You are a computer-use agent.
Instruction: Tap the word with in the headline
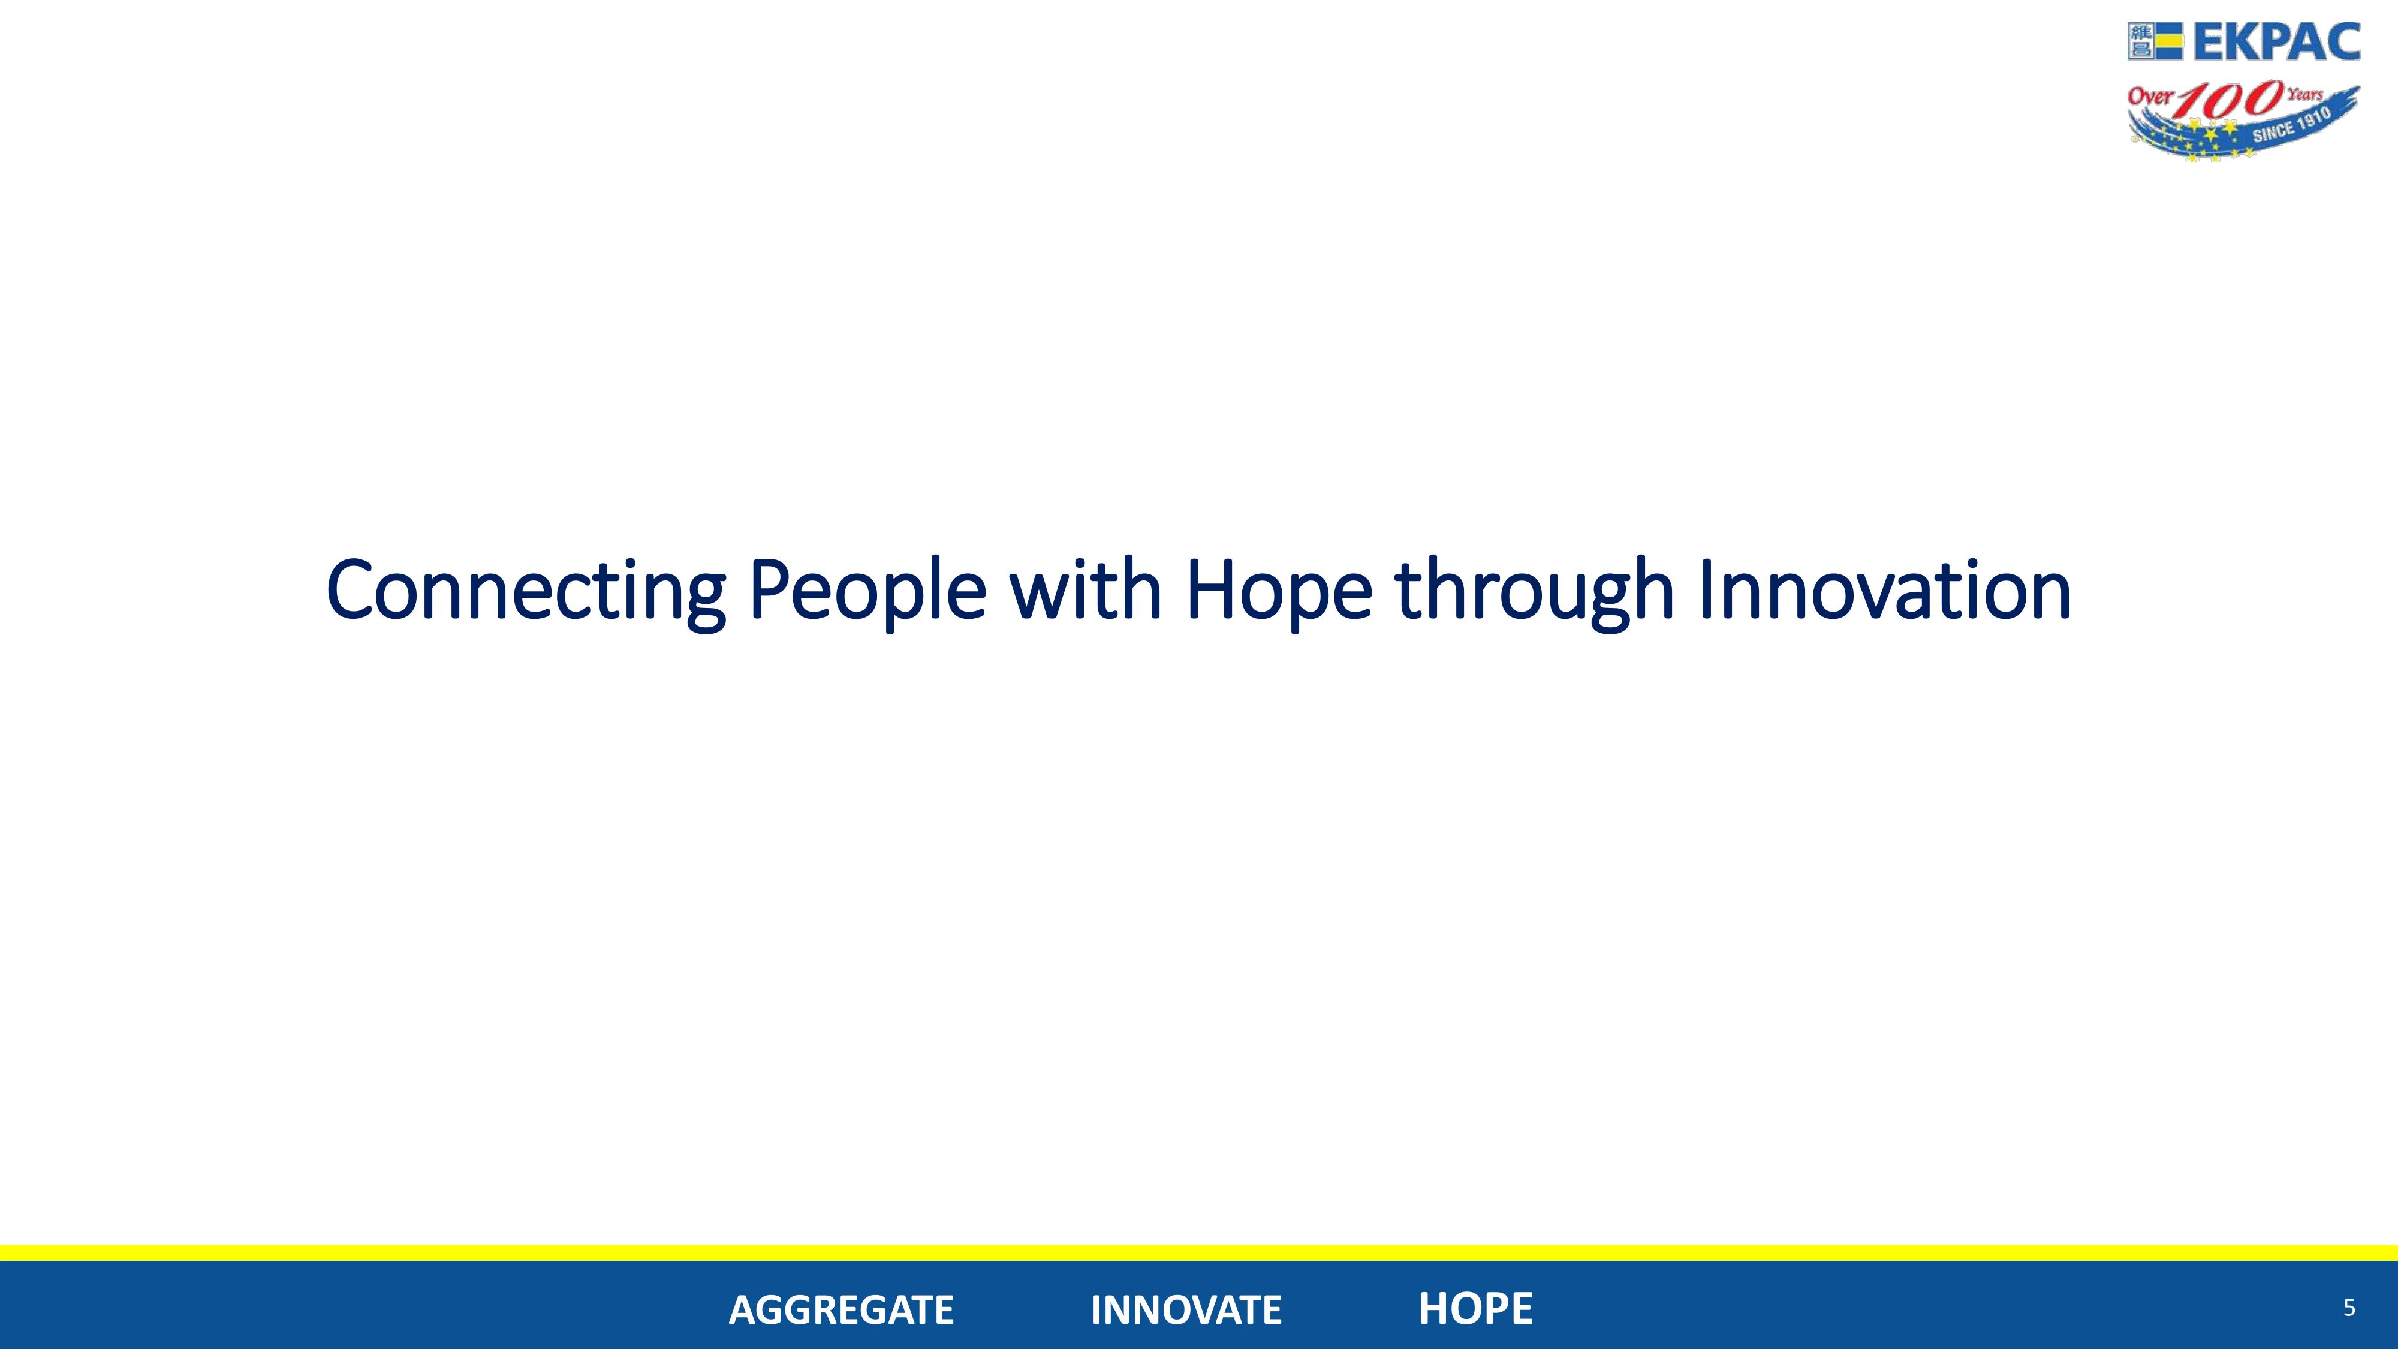(1086, 588)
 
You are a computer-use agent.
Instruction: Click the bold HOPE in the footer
(1475, 1309)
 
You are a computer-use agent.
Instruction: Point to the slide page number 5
(2349, 1308)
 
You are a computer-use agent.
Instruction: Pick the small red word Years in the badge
(2305, 94)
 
